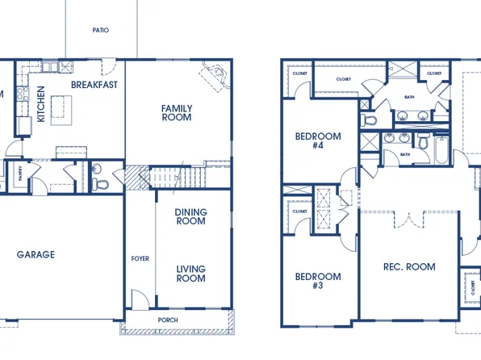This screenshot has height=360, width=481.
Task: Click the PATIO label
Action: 101,30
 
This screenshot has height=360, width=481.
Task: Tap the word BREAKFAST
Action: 94,85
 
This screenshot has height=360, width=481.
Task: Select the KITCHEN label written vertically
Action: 41,105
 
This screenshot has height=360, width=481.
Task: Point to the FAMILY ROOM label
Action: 176,112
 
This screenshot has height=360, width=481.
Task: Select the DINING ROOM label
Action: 190,216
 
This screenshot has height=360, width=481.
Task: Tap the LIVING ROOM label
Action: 190,274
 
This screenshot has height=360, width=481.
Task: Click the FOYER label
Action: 140,258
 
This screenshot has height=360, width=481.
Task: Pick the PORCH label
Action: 168,320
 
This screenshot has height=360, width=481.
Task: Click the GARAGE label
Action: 36,254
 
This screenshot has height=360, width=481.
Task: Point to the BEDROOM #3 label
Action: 318,281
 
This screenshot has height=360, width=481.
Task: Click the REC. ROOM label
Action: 409,267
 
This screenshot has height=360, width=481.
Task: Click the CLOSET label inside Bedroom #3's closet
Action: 300,211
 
